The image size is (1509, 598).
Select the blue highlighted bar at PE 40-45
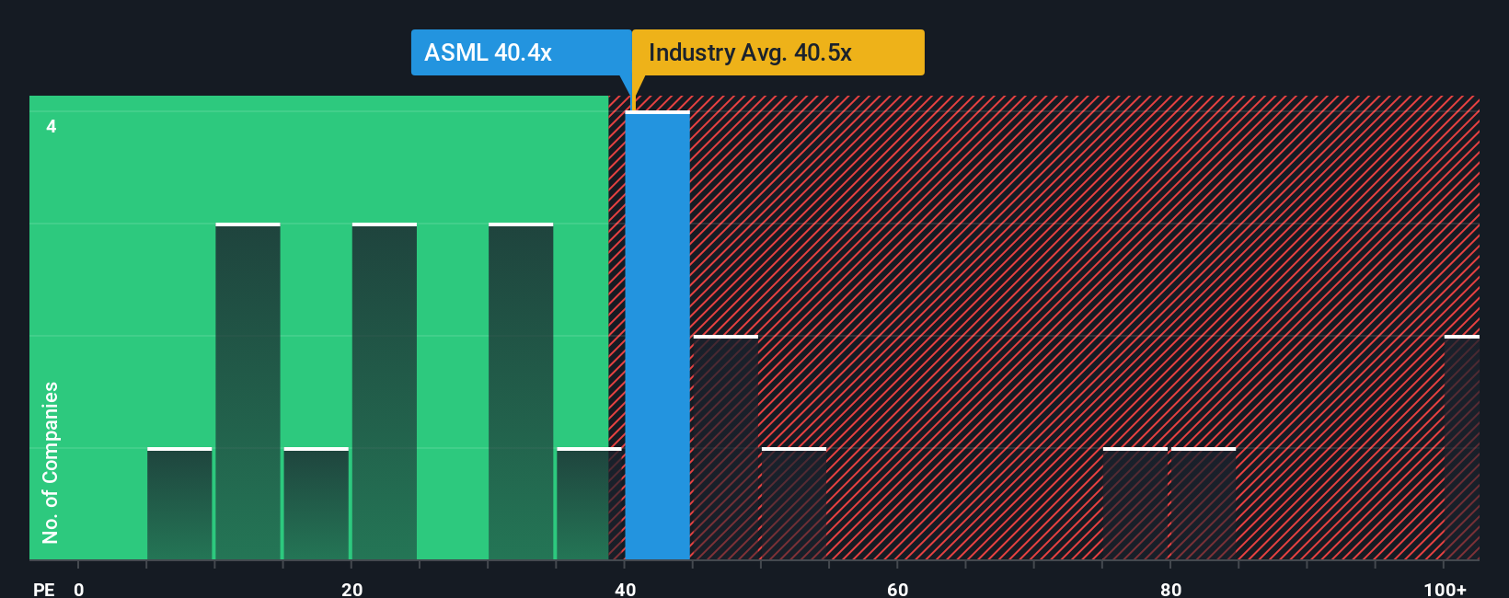click(657, 336)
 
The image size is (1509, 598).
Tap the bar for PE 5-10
click(179, 504)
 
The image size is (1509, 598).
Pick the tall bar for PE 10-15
click(248, 392)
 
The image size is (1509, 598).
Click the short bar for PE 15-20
click(316, 504)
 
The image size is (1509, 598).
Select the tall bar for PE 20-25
click(385, 392)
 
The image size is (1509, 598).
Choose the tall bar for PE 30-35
click(521, 392)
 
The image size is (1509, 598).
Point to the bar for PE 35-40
click(589, 504)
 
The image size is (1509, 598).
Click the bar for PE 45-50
click(725, 448)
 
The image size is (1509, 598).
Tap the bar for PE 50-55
click(794, 504)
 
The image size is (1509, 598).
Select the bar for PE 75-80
click(1135, 504)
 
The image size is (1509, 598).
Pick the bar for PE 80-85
click(1203, 504)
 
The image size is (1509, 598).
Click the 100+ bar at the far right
click(1461, 448)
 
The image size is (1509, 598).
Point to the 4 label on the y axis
click(52, 126)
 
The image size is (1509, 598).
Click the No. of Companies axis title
click(51, 462)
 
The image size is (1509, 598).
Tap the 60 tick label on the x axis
click(897, 589)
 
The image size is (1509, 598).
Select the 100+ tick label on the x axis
click(1445, 589)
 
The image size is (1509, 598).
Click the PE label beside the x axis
click(43, 589)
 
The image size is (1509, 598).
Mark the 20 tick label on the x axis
click(351, 589)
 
